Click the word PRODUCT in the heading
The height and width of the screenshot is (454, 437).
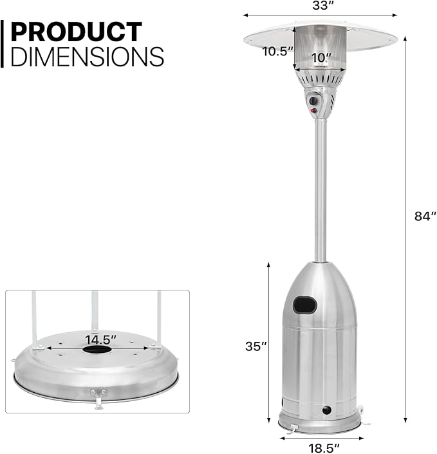pyautogui.click(x=76, y=32)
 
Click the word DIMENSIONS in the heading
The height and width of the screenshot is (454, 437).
pyautogui.click(x=87, y=57)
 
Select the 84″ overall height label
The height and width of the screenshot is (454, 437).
pyautogui.click(x=425, y=216)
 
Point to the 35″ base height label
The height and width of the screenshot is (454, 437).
pyautogui.click(x=256, y=346)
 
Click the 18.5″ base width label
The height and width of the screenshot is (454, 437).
pyautogui.click(x=319, y=446)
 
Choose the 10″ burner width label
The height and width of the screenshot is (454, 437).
pyautogui.click(x=319, y=57)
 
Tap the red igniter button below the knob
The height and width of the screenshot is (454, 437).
pyautogui.click(x=314, y=111)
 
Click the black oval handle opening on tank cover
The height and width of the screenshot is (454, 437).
pyautogui.click(x=304, y=305)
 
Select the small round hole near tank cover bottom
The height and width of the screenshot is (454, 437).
pyautogui.click(x=326, y=410)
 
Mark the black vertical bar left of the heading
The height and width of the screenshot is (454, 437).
pyautogui.click(x=3, y=44)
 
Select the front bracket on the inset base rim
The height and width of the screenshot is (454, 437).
pyautogui.click(x=98, y=396)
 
